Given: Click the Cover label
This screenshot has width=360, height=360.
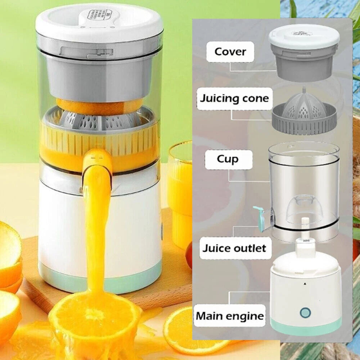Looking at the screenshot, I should click(230, 51).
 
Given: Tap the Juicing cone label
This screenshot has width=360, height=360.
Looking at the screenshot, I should click(234, 98).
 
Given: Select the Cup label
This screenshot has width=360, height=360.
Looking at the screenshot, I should click(227, 159).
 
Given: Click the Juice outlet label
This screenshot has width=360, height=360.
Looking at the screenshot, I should click(234, 248).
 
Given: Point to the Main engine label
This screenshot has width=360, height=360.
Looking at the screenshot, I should click(230, 316).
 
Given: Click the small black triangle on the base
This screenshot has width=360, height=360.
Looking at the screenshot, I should click(305, 284).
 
